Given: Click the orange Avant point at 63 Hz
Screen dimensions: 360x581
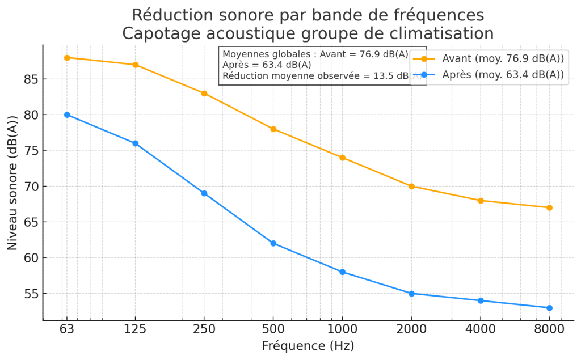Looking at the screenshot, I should coord(67,58).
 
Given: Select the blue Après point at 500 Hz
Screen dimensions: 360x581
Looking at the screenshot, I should coord(273,243).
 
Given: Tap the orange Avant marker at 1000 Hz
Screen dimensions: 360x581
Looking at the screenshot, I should coord(342,158).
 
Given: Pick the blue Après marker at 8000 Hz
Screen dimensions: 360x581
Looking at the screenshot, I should coord(549,308).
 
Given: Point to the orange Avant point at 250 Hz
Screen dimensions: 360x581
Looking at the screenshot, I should coord(204,94).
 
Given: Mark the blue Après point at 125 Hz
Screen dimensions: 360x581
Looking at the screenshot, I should coord(136,143).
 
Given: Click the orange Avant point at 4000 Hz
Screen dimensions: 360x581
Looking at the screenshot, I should coord(481,201).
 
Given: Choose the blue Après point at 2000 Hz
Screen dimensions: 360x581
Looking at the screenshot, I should coord(411,294).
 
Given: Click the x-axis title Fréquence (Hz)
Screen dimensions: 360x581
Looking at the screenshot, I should coord(308,346).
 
